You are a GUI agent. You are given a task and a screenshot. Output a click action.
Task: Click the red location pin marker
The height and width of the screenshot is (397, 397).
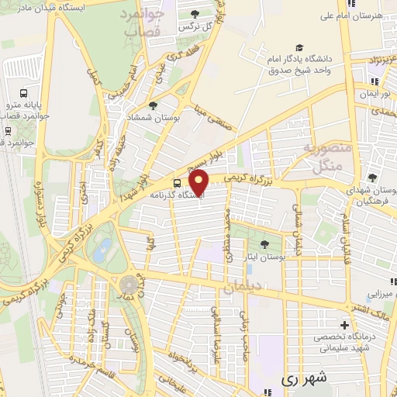[200, 183]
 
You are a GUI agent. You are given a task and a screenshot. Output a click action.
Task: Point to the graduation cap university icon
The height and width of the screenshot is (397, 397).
[299, 46]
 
